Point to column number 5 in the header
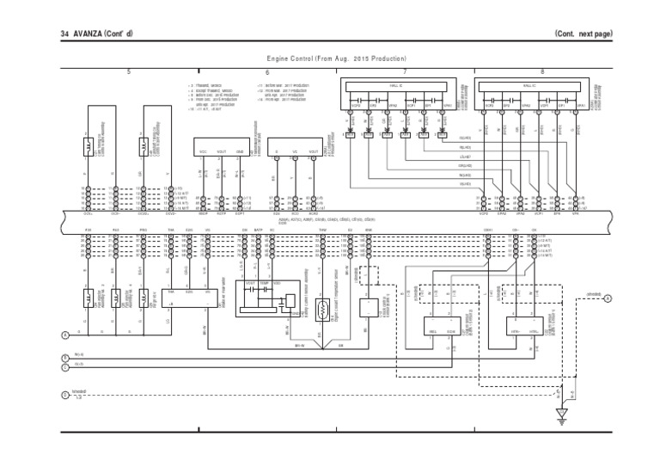point(129,71)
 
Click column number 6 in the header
point(268,71)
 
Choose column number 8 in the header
point(542,71)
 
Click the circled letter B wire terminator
point(65,357)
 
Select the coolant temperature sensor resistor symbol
point(323,308)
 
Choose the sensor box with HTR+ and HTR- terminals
point(507,326)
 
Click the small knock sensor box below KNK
point(370,301)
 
